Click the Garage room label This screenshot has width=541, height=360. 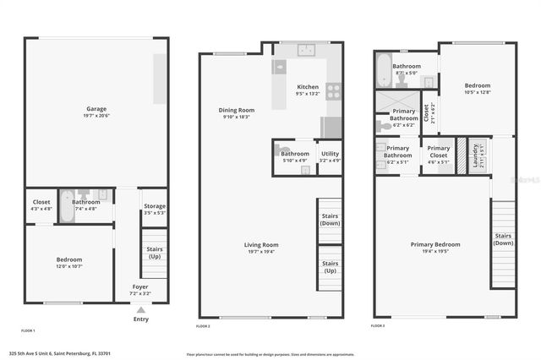[96, 110]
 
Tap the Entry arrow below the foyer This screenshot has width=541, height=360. [140, 310]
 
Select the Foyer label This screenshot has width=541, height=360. [140, 287]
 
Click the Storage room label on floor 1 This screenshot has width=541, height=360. [155, 206]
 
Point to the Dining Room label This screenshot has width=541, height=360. [237, 111]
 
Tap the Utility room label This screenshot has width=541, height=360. [330, 154]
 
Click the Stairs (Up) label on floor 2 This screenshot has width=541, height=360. [330, 266]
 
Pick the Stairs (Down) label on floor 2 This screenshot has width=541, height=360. [330, 219]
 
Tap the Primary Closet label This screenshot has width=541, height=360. [438, 151]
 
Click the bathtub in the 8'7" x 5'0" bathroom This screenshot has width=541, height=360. [384, 70]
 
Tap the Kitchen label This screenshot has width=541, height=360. [308, 87]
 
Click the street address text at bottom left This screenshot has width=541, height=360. [59, 353]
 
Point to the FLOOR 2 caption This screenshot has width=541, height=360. [203, 325]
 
